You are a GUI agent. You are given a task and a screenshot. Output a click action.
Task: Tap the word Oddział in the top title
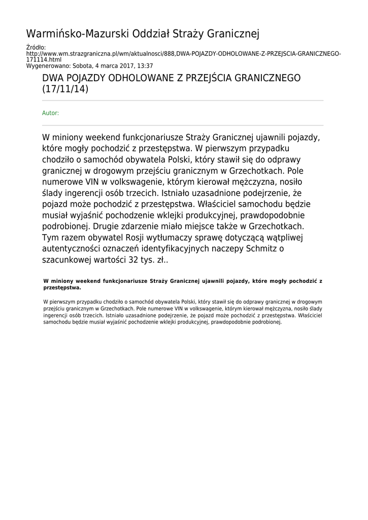pos(150,34)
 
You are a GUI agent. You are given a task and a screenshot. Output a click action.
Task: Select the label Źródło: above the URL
pos(36,47)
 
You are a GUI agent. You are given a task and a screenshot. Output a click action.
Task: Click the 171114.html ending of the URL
pos(44,59)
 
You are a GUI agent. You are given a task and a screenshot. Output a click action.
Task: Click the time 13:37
pos(146,66)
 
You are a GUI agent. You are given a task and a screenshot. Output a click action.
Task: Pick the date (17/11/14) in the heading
pos(65,89)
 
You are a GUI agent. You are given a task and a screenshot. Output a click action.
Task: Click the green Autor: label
pos(50,113)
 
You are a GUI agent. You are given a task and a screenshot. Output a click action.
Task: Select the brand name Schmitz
pos(258,248)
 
